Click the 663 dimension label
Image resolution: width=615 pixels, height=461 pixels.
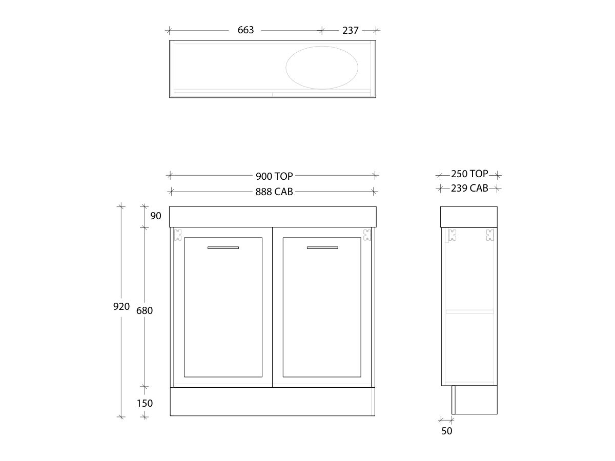(x=245, y=30)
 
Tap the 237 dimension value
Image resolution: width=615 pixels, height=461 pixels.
(x=351, y=30)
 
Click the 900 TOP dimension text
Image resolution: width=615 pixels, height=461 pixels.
(x=274, y=176)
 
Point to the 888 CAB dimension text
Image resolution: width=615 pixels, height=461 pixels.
(x=274, y=192)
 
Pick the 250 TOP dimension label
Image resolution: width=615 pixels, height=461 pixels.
(x=469, y=174)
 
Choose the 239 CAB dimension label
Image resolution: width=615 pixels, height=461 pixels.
(x=469, y=188)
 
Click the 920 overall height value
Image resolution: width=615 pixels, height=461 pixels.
(x=121, y=307)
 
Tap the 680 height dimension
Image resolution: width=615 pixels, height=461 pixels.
(x=145, y=310)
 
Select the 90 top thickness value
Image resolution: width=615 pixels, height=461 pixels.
(x=156, y=216)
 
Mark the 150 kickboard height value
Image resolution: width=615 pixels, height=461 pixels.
(x=145, y=403)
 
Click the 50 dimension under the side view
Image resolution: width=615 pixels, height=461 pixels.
(x=447, y=431)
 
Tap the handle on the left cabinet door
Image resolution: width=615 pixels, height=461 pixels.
(x=223, y=248)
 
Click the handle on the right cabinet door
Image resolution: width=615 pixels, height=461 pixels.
(x=322, y=248)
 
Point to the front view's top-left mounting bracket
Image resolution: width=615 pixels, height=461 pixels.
(x=178, y=235)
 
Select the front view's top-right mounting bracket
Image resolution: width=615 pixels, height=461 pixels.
(x=367, y=235)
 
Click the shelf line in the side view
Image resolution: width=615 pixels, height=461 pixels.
(x=469, y=311)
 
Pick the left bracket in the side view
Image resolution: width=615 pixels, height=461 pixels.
(x=452, y=235)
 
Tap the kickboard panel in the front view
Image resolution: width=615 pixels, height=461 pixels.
(x=273, y=401)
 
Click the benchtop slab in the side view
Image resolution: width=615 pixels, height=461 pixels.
(x=469, y=216)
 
